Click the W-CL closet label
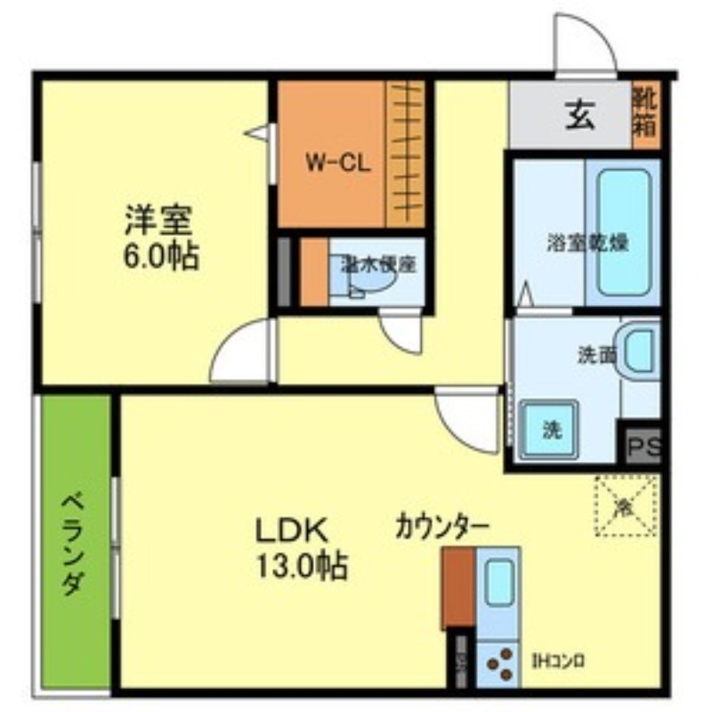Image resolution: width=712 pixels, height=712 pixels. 332,163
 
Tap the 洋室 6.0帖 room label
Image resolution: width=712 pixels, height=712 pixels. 161,237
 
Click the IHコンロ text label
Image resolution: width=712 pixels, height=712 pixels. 558,661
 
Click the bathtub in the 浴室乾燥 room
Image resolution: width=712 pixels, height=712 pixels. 623,231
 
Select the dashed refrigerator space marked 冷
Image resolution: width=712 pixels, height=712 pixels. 626,506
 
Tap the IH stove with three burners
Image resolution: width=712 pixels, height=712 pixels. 498,663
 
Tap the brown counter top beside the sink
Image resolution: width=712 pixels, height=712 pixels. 458,587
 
